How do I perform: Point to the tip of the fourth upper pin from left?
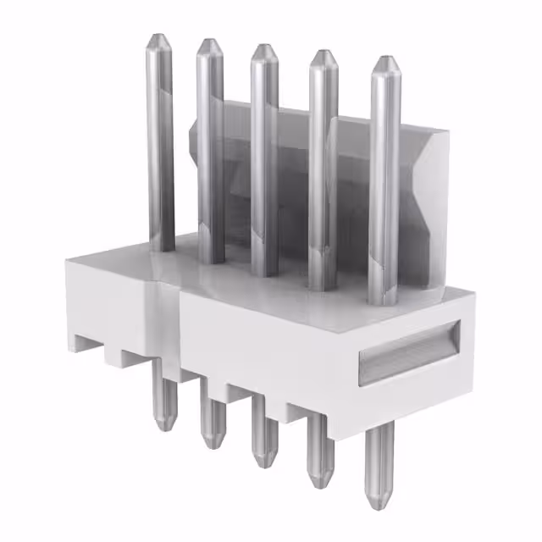pos(322,53)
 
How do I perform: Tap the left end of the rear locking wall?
pos(191,135)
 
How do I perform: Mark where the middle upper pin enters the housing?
pos(265,275)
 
